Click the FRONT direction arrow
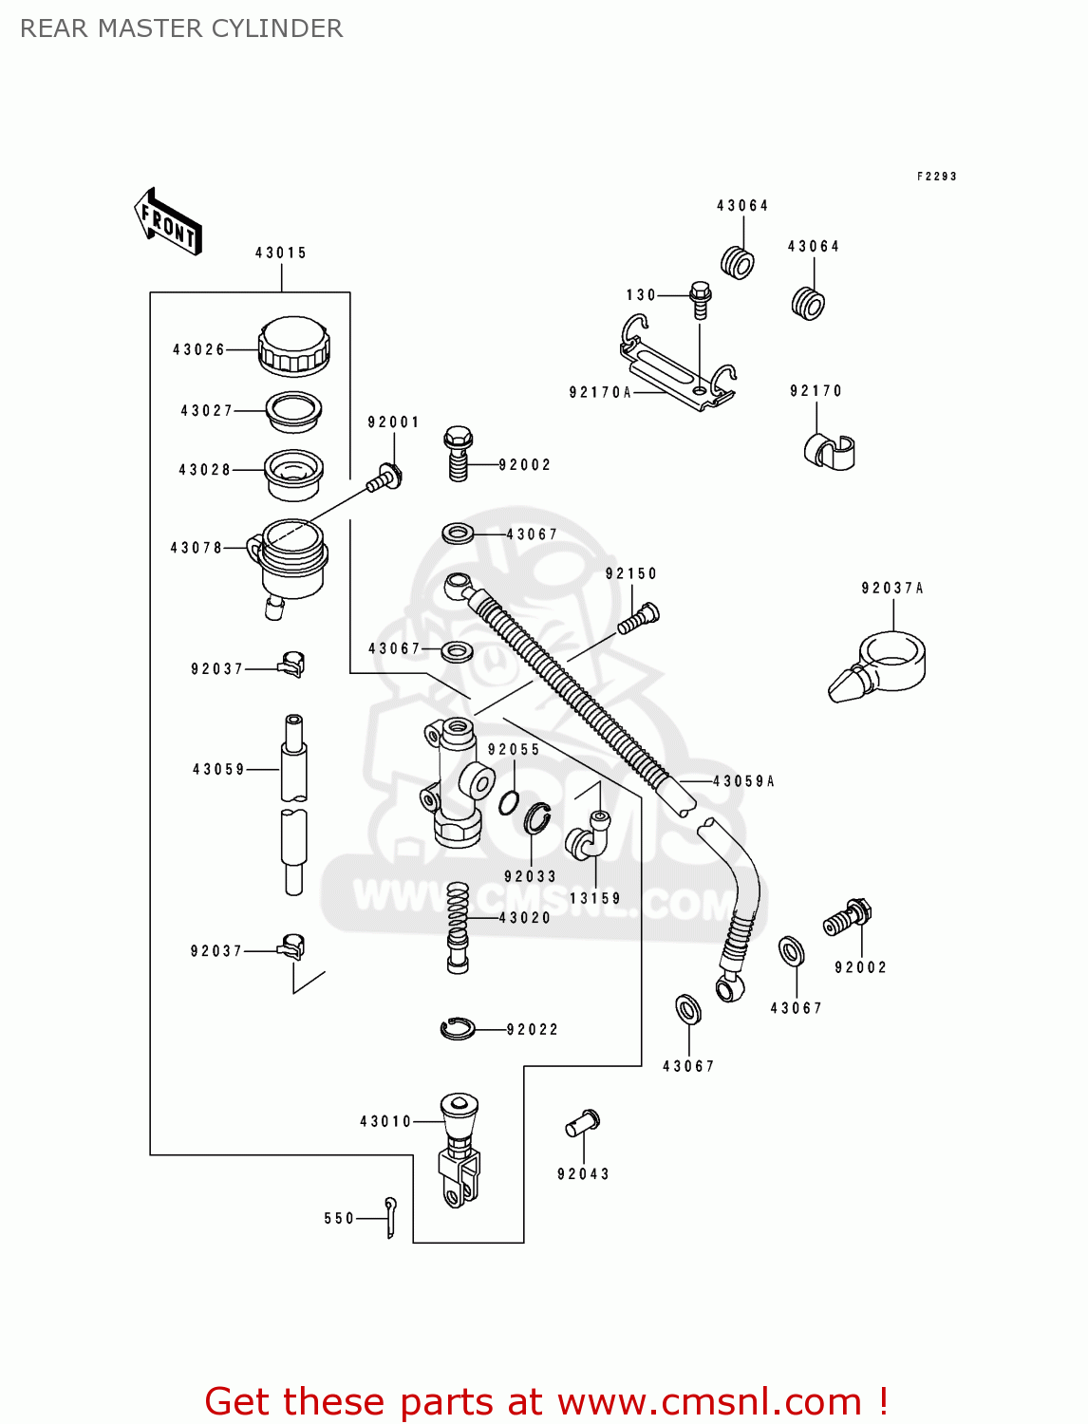168,221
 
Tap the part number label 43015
281,253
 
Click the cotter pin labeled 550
390,1217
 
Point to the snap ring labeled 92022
458,1028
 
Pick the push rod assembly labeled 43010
460,1151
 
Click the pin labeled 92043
583,1123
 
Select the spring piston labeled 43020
458,926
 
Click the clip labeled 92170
829,453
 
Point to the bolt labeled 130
700,299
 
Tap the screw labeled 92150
639,618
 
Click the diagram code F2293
936,177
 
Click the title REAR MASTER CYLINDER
181,28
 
